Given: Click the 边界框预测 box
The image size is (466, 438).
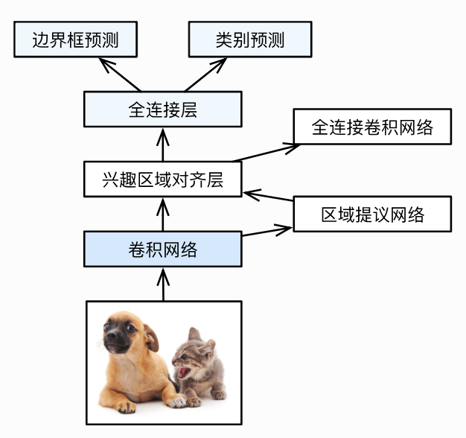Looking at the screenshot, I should [75, 39].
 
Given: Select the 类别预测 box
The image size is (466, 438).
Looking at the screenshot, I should [249, 39].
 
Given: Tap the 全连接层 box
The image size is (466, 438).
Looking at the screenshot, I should [162, 110].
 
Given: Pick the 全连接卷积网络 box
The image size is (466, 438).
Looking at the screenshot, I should [372, 127].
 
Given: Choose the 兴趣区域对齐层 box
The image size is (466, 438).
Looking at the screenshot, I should [162, 179].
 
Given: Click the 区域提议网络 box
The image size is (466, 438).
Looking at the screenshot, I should [372, 215].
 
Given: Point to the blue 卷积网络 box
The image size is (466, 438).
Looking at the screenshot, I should [162, 249].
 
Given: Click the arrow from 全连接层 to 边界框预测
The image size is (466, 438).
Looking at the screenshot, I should [119, 74].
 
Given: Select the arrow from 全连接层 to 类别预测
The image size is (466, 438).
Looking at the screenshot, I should [205, 74].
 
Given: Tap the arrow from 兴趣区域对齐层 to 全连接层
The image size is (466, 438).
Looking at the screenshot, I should [162, 145].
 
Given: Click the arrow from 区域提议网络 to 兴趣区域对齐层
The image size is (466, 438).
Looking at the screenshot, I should [269, 198].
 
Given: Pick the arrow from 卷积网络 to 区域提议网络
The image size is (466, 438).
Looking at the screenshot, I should [268, 230].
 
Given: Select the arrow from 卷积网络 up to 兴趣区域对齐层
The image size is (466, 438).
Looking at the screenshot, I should [162, 214].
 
